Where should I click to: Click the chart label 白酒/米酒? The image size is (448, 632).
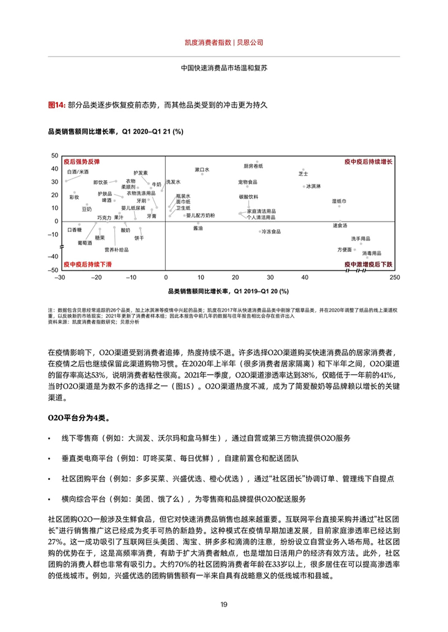[x=77, y=172]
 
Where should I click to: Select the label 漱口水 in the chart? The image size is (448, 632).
[x=202, y=169]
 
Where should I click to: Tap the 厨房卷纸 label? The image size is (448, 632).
[x=253, y=166]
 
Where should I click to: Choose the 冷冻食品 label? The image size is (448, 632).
[x=271, y=232]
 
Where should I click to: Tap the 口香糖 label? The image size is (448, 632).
[x=74, y=229]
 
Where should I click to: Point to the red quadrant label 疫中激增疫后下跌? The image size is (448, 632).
[x=369, y=264]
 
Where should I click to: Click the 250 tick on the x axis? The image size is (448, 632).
[x=394, y=276]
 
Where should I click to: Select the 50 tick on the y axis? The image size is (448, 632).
[x=55, y=155]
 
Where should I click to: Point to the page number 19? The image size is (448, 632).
[x=223, y=604]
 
